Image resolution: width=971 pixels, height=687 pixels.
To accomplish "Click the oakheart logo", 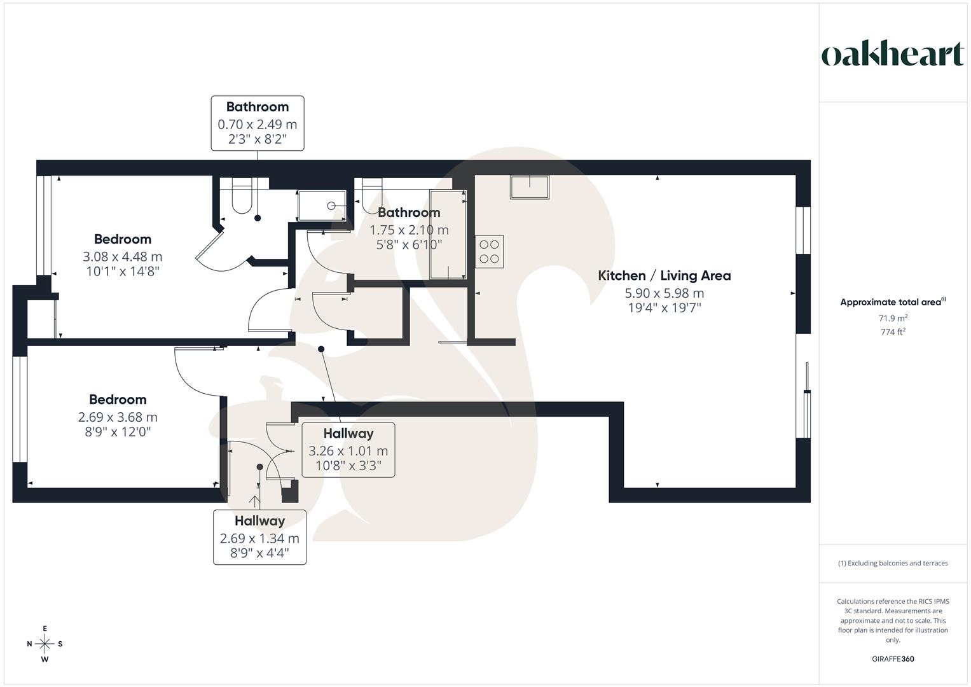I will tap(893, 54).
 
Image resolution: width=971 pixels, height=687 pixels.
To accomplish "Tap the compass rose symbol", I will tap(45, 644).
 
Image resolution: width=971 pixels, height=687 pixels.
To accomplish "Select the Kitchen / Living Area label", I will tap(664, 275).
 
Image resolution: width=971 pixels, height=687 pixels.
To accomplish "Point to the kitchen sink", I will tap(529, 187).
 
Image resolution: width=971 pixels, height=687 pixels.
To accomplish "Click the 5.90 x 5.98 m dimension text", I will tap(664, 293).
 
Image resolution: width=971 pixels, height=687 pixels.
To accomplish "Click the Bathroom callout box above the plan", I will tap(258, 123).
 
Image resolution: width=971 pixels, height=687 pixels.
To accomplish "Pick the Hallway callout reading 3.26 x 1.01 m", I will tap(348, 450).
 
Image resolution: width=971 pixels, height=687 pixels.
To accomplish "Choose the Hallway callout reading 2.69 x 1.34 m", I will tap(259, 537).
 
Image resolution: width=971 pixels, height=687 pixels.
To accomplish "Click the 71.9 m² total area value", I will tap(893, 318).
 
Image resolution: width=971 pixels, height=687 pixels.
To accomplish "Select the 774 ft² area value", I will tap(893, 332).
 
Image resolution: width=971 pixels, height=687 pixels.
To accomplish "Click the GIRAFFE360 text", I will tap(893, 659).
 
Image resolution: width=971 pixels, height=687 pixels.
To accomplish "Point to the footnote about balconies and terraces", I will tap(893, 563).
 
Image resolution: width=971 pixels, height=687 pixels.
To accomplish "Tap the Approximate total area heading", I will tap(893, 302).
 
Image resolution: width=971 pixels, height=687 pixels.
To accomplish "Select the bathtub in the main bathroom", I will tap(448, 234).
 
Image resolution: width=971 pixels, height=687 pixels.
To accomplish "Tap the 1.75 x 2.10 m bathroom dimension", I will tap(409, 230).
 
